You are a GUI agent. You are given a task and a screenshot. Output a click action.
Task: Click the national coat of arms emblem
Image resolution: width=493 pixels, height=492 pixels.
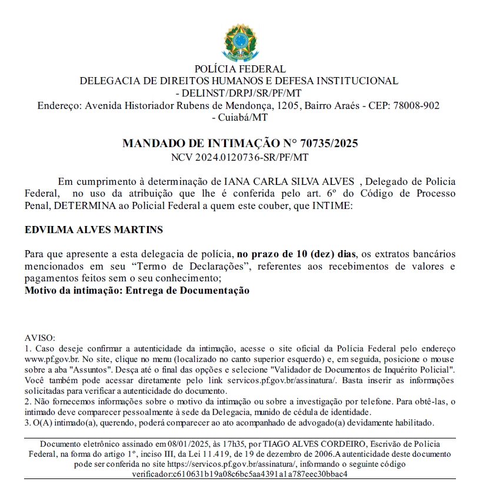coord(239,39)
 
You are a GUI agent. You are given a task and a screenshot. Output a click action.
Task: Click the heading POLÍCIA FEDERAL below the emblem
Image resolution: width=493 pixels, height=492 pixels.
coord(239,69)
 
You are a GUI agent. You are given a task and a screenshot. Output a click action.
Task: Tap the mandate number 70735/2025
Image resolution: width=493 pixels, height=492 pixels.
coord(329,143)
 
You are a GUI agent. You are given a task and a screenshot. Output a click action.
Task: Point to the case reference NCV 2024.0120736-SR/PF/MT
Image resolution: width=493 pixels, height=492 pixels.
coord(239,157)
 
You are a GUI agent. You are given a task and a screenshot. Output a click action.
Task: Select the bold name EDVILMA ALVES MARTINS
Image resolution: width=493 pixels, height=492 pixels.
coord(94,230)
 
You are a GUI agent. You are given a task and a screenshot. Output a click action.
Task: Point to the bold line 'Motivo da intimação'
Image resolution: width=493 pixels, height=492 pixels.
coord(137,291)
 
